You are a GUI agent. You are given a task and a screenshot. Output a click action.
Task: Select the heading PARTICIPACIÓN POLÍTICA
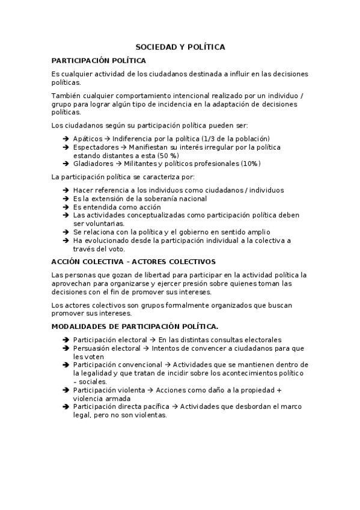(98, 61)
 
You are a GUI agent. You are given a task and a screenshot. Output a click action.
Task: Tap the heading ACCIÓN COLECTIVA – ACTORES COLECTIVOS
(133, 262)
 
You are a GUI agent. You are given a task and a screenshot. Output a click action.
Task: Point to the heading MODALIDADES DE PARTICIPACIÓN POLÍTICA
(135, 325)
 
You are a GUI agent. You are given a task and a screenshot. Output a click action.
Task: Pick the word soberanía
(148, 198)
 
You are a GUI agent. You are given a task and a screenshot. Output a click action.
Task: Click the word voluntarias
(95, 223)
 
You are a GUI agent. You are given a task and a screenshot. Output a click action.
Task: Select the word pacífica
(154, 407)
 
